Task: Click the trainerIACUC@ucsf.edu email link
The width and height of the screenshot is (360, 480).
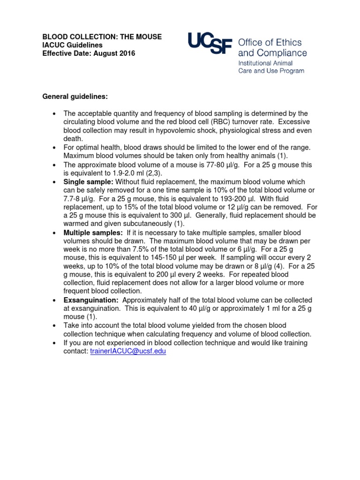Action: pyautogui.click(x=127, y=351)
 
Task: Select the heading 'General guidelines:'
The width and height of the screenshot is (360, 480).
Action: pyautogui.click(x=75, y=97)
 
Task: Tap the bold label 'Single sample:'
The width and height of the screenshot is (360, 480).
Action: pyautogui.click(x=89, y=182)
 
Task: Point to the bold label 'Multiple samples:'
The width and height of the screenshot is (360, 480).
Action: pyautogui.click(x=93, y=233)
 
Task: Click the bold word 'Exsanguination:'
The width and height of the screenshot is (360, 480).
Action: pyautogui.click(x=91, y=300)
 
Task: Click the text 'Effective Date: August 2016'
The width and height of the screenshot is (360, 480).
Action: pyautogui.click(x=89, y=53)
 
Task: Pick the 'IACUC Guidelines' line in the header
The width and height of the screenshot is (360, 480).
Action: pyautogui.click(x=72, y=45)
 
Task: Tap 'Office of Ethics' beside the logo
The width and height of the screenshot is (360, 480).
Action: pyautogui.click(x=270, y=43)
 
